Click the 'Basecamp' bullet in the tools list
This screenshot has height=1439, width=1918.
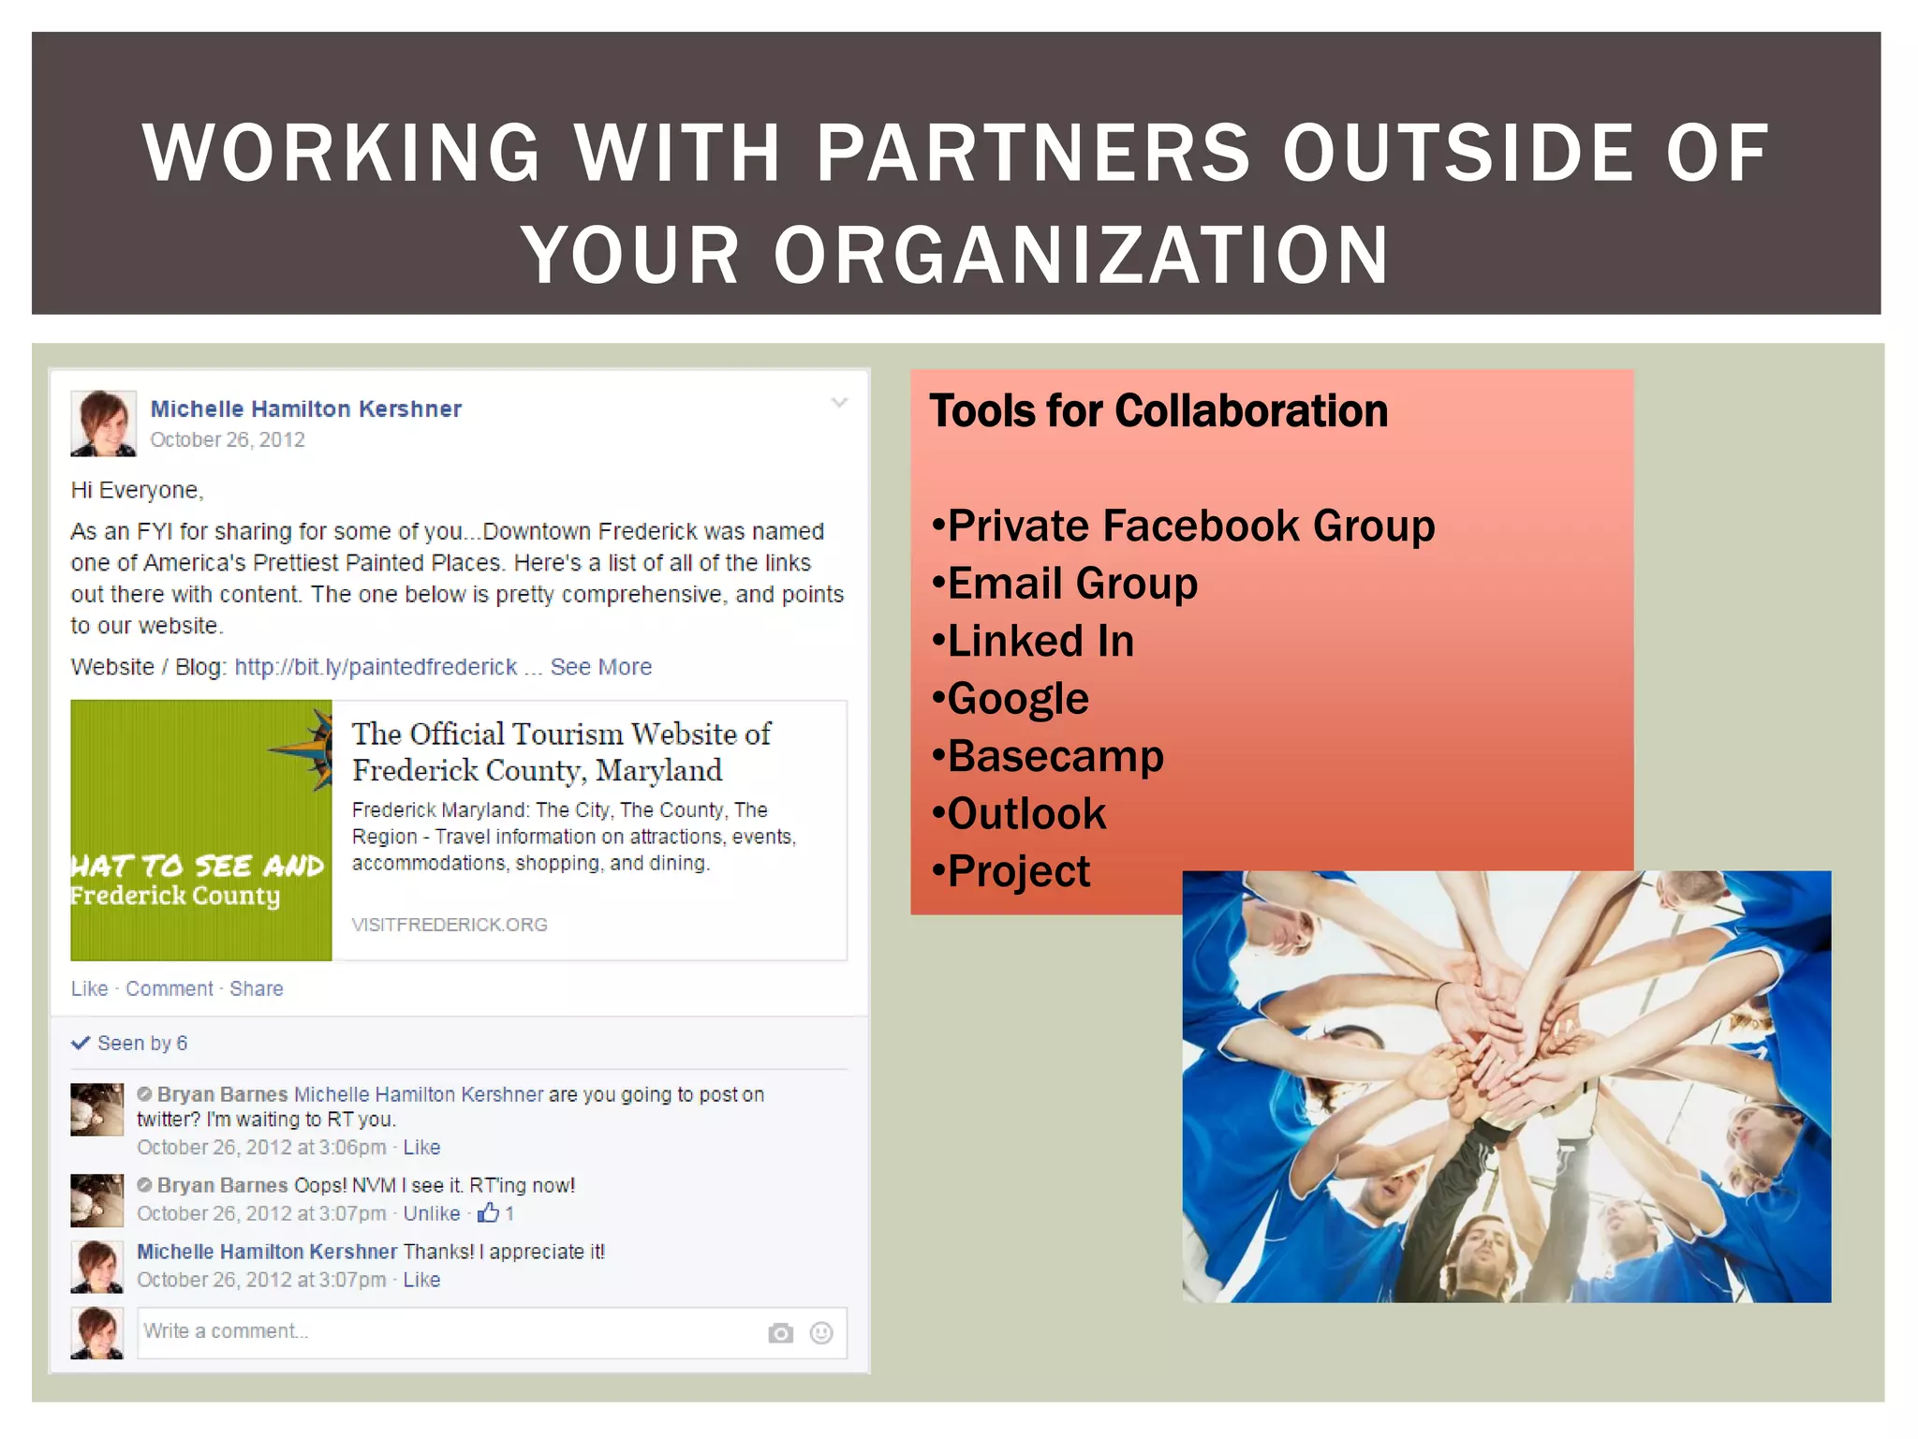click(x=1055, y=756)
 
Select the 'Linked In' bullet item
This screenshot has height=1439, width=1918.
click(x=1040, y=642)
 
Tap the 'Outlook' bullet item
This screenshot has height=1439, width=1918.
click(x=1026, y=813)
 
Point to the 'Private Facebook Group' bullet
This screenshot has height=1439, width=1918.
click(x=1190, y=526)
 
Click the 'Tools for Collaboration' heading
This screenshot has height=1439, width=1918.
click(x=1158, y=411)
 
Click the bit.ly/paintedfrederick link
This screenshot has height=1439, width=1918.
click(x=376, y=667)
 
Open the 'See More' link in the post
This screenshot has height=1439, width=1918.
click(x=600, y=667)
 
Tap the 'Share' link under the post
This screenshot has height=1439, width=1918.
click(x=256, y=988)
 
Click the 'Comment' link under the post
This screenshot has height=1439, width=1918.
click(x=170, y=988)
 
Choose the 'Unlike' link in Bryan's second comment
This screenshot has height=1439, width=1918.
click(x=432, y=1213)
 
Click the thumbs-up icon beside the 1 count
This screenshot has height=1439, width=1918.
click(x=488, y=1213)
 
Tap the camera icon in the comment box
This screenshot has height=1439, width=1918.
click(x=780, y=1333)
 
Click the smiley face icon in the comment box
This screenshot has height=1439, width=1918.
click(x=821, y=1333)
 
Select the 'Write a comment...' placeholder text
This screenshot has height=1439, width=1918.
click(x=226, y=1331)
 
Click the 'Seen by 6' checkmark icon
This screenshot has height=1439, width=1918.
click(x=81, y=1043)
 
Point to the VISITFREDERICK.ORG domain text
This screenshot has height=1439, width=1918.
click(x=450, y=925)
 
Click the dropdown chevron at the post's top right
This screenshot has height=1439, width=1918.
click(x=839, y=403)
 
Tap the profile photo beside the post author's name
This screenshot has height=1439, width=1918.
click(x=103, y=423)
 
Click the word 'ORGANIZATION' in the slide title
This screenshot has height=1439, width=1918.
click(x=1081, y=255)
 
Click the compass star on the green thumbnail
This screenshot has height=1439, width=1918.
click(x=309, y=748)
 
